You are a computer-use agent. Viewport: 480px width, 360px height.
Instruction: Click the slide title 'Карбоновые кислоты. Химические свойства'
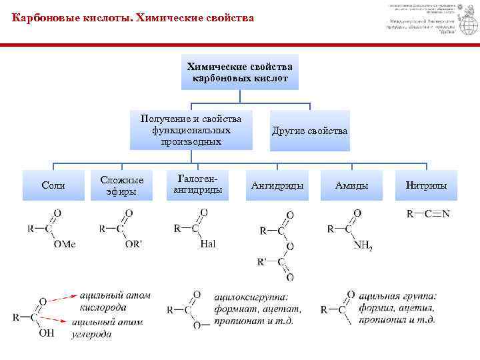click(133, 18)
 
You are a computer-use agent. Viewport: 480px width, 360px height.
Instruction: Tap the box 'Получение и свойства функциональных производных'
click(191, 130)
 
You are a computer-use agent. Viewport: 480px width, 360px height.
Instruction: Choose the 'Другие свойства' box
click(309, 131)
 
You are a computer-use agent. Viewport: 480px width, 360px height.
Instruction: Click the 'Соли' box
click(53, 185)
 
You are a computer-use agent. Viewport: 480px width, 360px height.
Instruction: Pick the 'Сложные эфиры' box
click(121, 185)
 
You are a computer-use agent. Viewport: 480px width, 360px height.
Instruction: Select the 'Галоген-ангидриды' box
click(196, 185)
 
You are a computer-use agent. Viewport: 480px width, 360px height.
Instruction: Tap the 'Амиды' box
click(351, 185)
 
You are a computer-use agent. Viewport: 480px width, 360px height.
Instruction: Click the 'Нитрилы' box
click(426, 185)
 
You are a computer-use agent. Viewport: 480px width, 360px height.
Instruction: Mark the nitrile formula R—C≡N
click(428, 214)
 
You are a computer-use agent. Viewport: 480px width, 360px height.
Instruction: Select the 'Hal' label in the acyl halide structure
click(208, 245)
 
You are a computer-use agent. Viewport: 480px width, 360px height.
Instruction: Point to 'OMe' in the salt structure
click(65, 245)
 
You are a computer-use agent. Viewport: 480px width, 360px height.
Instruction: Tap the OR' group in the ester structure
click(133, 245)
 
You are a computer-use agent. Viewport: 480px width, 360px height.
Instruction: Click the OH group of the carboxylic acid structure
click(46, 333)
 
